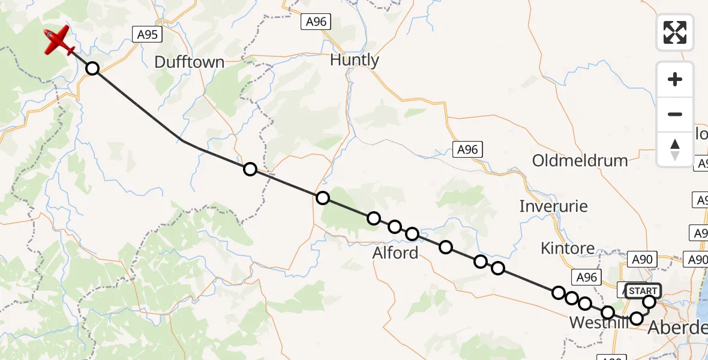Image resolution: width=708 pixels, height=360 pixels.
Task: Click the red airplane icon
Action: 59,41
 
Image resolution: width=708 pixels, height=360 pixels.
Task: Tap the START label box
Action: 643,291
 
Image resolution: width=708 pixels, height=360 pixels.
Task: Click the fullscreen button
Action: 675,32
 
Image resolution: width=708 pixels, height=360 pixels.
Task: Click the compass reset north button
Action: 675,149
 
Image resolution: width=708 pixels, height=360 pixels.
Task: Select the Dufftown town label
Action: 189,62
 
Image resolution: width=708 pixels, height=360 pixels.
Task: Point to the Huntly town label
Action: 355,60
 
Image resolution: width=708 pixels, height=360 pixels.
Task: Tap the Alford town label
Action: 395,253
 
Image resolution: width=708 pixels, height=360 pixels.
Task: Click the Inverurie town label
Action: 553,206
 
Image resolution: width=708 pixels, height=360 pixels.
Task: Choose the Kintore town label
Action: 568,248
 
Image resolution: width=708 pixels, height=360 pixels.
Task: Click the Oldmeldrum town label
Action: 580,160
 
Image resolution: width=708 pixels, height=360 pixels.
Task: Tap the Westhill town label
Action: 598,323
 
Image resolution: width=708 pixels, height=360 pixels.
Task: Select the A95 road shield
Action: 147,35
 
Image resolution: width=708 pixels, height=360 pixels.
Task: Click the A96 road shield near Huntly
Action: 316,22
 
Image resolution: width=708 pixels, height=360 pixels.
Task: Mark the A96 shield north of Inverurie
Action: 467,149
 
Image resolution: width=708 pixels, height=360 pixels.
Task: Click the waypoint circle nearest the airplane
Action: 92,68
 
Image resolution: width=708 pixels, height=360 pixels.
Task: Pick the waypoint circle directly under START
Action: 649,302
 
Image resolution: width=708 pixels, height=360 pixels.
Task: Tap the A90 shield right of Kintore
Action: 643,260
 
